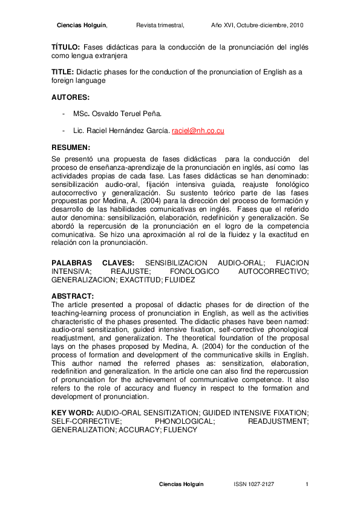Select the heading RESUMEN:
tap(71, 147)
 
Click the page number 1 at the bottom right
tap(307, 485)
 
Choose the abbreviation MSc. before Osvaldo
tap(82, 114)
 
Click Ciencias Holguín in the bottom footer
tap(182, 485)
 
